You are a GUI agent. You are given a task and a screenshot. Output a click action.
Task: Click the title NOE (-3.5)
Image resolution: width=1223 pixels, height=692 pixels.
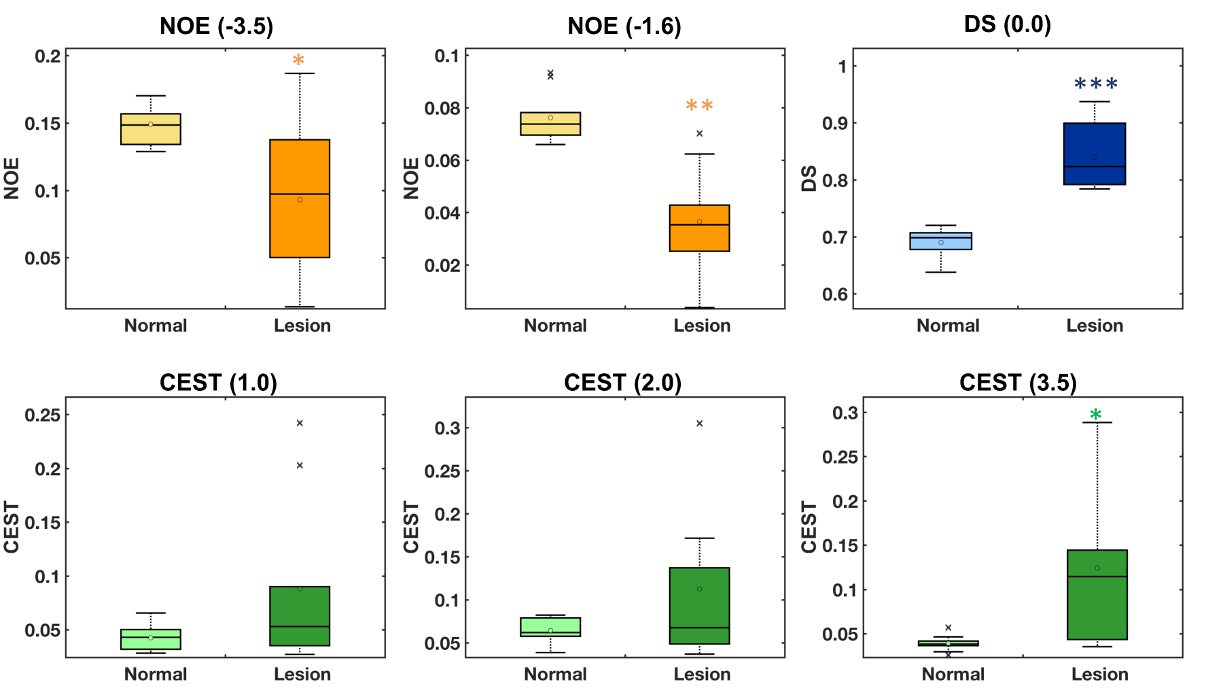(216, 27)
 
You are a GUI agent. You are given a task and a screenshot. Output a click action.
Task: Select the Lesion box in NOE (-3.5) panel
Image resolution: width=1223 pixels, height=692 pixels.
(300, 198)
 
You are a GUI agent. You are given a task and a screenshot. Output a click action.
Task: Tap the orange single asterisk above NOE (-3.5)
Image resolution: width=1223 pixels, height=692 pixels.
(298, 60)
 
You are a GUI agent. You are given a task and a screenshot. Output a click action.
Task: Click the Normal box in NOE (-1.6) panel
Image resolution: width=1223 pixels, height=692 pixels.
(550, 124)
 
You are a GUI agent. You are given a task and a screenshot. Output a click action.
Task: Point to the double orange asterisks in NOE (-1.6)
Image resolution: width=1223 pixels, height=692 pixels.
(699, 105)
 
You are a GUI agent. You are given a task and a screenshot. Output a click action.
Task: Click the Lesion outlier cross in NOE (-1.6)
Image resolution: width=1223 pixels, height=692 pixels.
(699, 133)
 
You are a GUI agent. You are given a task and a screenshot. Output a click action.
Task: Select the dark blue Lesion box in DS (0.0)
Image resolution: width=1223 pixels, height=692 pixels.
(1095, 154)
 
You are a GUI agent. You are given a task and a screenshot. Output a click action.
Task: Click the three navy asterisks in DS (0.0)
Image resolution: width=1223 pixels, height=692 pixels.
(1095, 84)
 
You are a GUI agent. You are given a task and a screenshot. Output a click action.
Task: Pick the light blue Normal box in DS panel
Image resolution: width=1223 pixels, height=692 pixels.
(940, 241)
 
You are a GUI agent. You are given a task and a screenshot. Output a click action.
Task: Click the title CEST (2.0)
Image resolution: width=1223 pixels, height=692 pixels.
(622, 383)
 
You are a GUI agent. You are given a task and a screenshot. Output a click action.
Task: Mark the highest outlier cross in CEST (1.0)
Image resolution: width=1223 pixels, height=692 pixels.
(300, 423)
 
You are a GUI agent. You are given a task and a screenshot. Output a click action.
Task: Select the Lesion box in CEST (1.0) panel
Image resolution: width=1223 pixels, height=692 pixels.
(300, 616)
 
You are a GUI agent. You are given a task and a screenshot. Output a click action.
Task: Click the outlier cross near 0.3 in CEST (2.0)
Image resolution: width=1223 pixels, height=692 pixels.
(699, 423)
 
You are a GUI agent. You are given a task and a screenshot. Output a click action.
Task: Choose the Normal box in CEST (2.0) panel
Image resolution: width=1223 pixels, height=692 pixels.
(550, 627)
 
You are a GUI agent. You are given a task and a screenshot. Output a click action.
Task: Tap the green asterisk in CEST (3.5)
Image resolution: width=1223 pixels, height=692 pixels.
(1095, 415)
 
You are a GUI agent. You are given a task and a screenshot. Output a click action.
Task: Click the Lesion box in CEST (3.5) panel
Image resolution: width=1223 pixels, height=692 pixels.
(1097, 595)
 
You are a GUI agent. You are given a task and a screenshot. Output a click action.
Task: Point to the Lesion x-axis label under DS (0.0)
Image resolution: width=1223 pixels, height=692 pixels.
(1095, 326)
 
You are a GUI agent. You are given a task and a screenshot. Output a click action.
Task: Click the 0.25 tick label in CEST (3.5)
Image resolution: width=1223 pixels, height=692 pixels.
(840, 457)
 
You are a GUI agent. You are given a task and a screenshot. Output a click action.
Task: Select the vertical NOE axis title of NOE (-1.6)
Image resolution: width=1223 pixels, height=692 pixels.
(411, 178)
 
